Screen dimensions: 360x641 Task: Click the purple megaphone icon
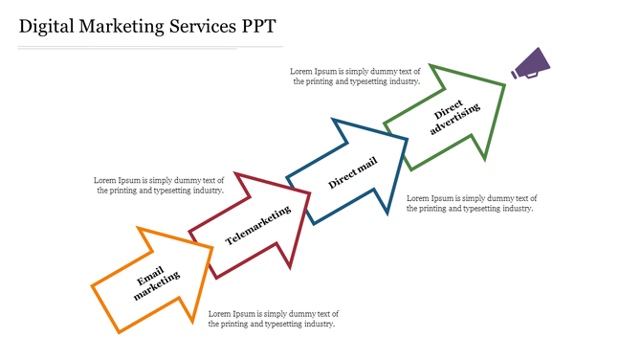531,63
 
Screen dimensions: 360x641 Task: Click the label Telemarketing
257,225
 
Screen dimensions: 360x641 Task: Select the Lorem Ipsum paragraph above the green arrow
356,77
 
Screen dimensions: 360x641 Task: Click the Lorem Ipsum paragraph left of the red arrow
159,185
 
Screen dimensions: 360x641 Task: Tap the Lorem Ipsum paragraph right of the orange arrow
274,319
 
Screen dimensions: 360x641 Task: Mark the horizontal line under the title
150,46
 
